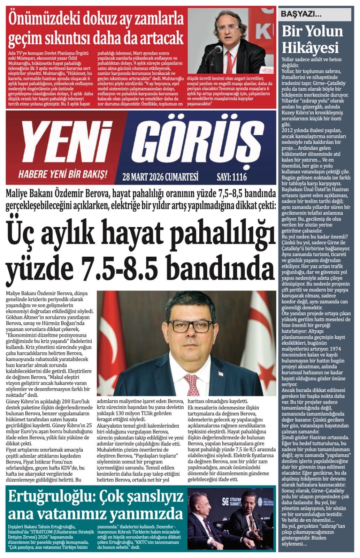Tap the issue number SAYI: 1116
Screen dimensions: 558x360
click(231, 177)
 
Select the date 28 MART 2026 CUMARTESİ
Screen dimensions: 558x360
click(160, 177)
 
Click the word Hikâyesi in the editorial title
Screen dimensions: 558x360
click(310, 47)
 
